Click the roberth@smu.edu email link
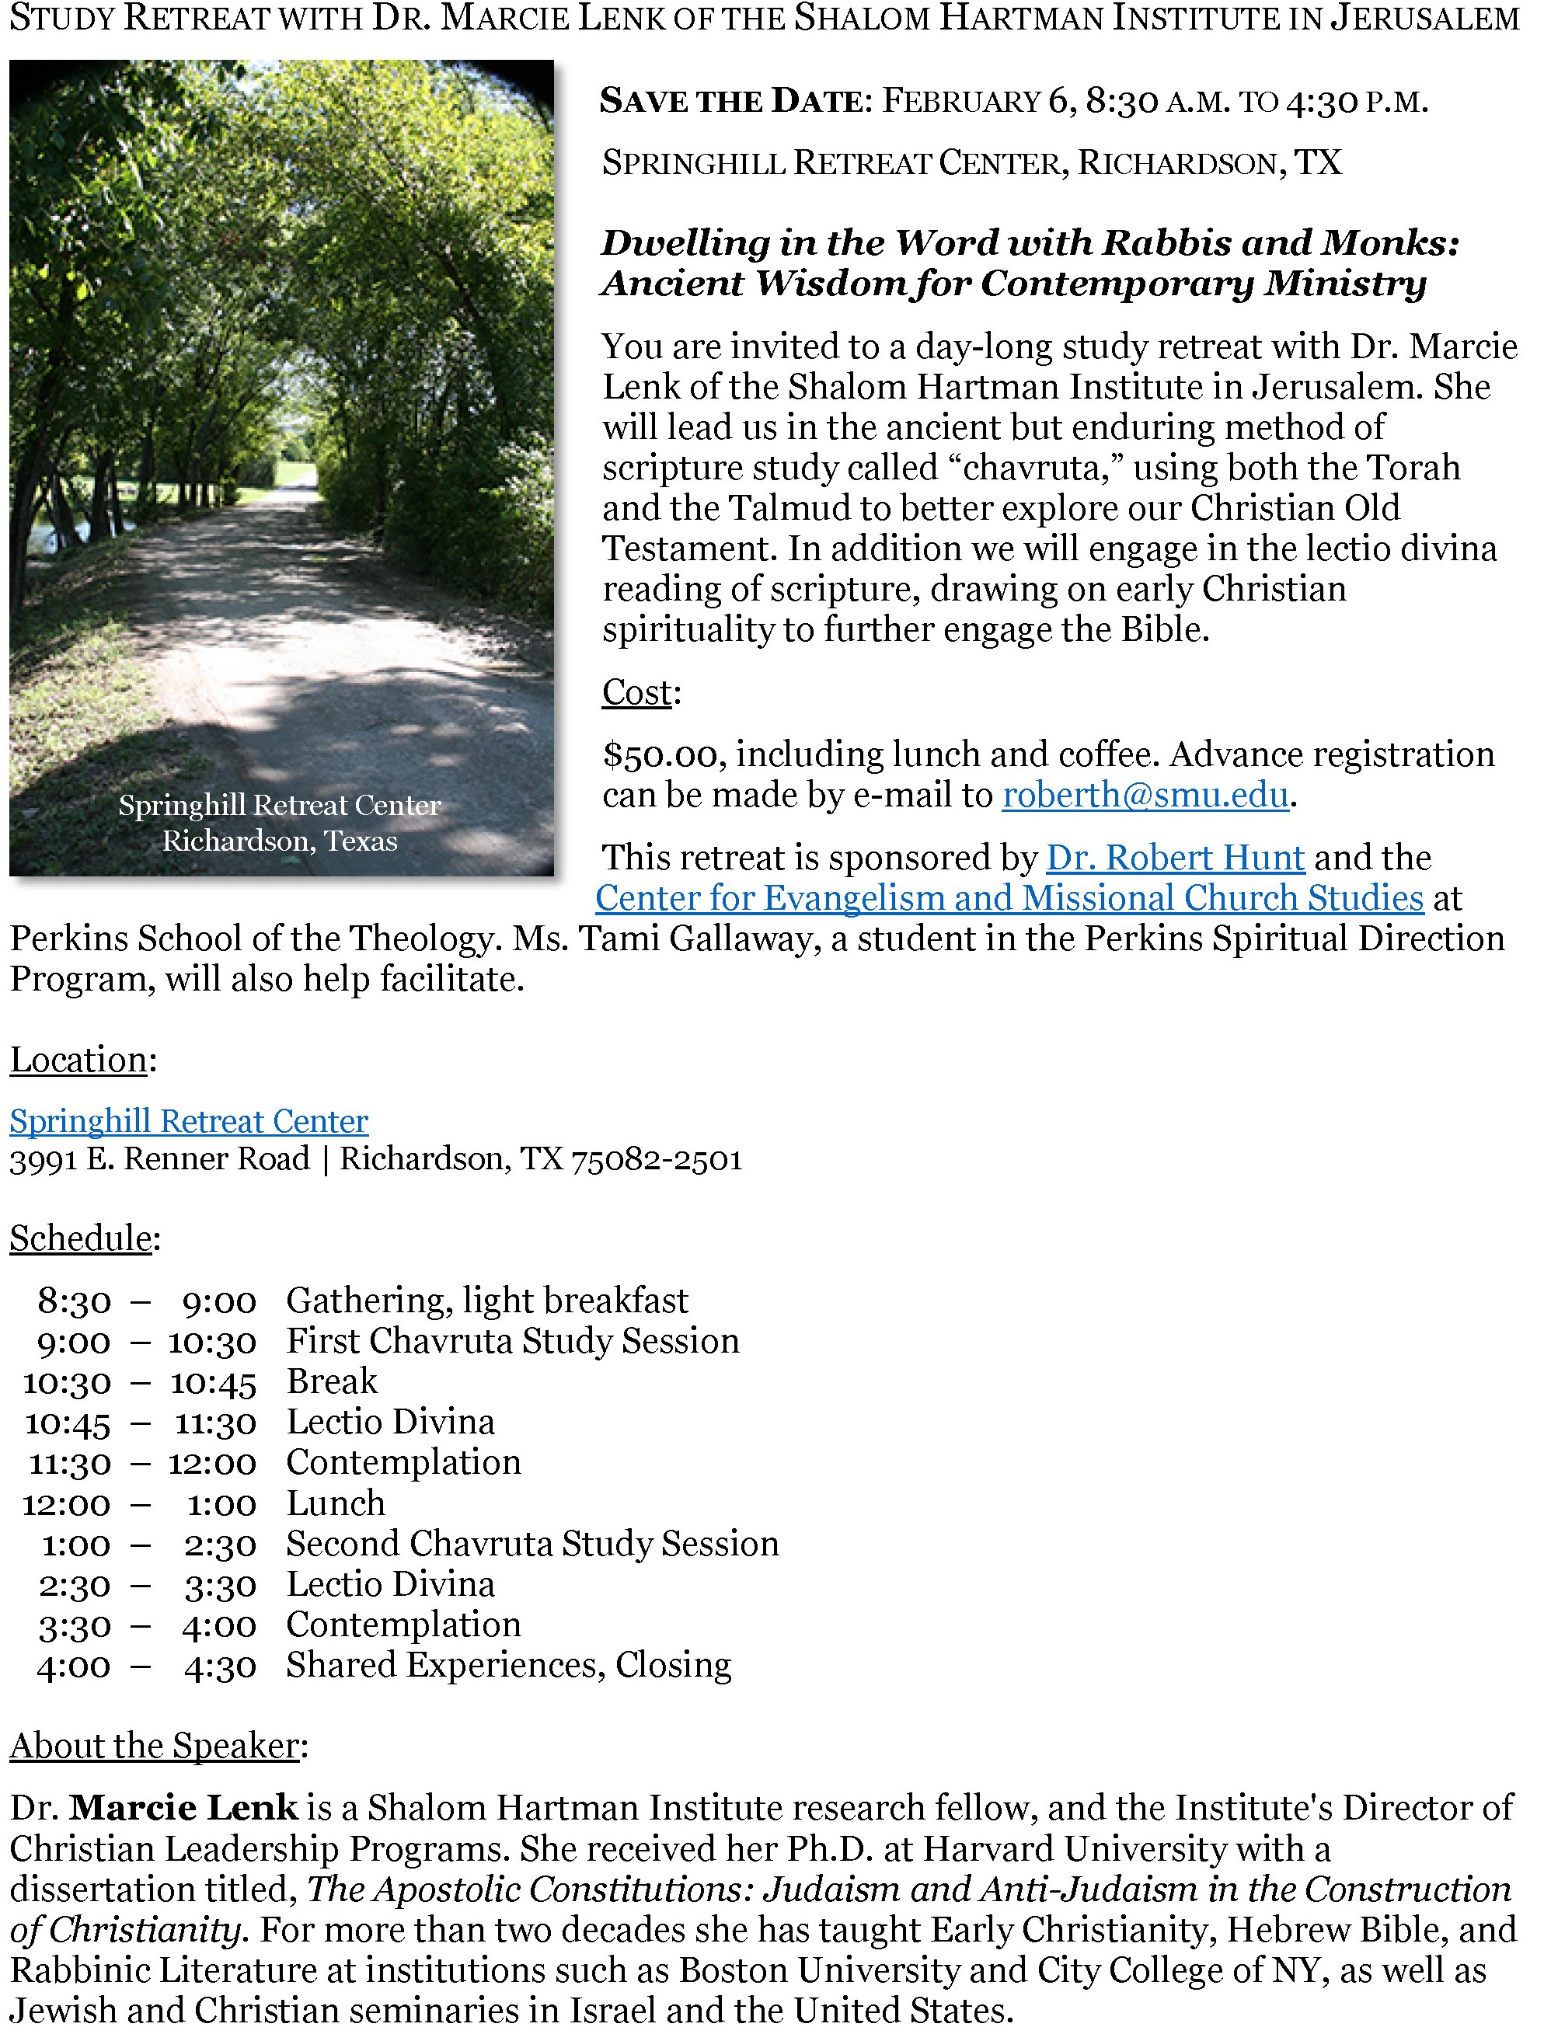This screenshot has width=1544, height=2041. point(1145,796)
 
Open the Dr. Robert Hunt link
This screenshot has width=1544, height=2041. point(1175,858)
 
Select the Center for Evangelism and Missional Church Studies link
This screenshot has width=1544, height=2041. point(1009,899)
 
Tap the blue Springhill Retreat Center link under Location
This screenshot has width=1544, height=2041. point(188,1121)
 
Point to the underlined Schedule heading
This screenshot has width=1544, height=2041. point(80,1238)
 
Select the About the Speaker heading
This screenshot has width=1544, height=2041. point(154,1746)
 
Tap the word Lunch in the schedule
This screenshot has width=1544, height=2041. point(335,1504)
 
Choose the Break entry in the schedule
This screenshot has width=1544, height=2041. point(331,1382)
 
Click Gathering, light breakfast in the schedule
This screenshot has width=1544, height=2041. point(486,1301)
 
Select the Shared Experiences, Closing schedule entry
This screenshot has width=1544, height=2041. point(508,1666)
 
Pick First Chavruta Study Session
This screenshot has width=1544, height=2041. point(512,1342)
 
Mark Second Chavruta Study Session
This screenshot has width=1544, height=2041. point(532,1544)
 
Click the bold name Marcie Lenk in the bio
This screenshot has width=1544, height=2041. point(183,1808)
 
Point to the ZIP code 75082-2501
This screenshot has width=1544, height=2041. point(656,1159)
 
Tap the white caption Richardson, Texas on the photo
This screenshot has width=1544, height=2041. point(280,841)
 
